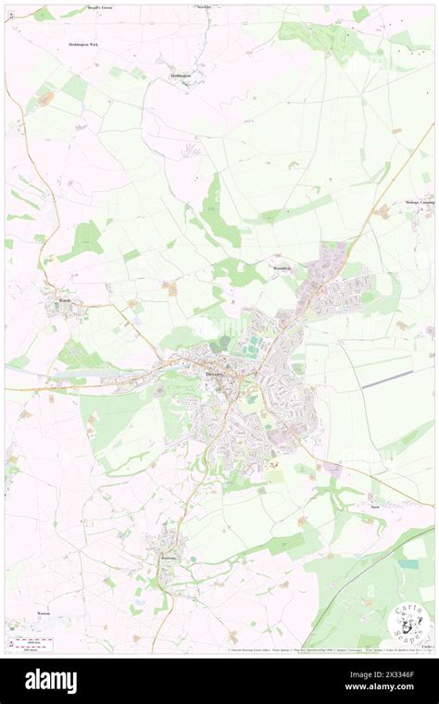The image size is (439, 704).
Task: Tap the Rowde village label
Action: point(53,301)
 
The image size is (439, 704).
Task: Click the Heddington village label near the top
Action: point(180,75)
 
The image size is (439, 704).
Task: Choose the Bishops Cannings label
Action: point(419,201)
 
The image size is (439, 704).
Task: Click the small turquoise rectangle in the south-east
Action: point(408,563)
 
